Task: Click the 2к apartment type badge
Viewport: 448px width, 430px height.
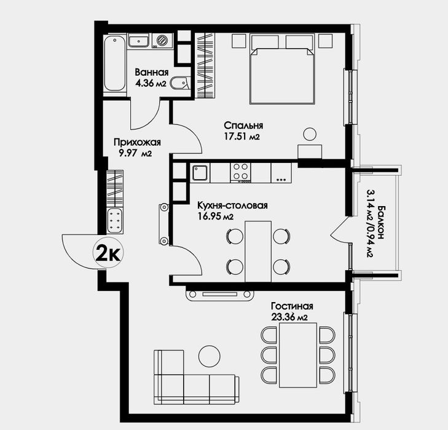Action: coord(108,253)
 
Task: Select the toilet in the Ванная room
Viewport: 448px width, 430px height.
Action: coord(179,83)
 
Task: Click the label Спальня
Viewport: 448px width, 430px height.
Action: coord(243,125)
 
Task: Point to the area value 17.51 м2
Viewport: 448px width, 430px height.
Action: coord(242,137)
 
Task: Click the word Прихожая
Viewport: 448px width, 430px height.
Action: coord(137,142)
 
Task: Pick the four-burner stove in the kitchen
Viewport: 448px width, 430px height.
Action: coord(240,173)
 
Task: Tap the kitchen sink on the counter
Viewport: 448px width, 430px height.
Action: coord(200,172)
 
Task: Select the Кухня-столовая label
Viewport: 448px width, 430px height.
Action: coord(232,205)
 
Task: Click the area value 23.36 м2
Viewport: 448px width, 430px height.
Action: coord(289,317)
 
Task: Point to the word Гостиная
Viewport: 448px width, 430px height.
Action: coord(292,306)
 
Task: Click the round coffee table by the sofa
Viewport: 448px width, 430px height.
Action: coord(210,356)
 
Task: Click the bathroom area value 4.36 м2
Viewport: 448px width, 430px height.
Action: coord(151,83)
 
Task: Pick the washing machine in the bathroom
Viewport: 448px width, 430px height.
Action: coord(163,41)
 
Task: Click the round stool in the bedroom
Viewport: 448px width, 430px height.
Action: coord(310,134)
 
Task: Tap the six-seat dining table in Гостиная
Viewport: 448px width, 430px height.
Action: coord(298,355)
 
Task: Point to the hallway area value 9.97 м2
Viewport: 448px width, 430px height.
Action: coord(135,154)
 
